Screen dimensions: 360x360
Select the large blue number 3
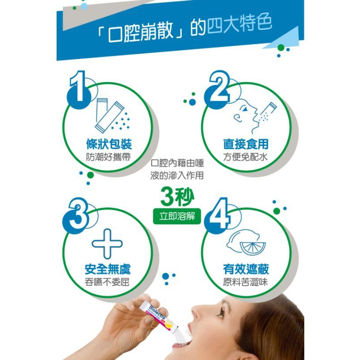[x=78, y=215]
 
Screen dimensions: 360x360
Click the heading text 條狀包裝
[x=108, y=144]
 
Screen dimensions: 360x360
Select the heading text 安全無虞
[x=107, y=269]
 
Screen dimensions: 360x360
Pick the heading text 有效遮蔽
[x=246, y=269]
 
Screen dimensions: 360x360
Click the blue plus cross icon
[x=107, y=243]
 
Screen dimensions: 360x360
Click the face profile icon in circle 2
[x=245, y=115]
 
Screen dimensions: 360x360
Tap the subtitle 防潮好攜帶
[x=108, y=157]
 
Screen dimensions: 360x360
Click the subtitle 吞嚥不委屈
[x=107, y=282]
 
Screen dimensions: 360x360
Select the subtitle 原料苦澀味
[x=246, y=282]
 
